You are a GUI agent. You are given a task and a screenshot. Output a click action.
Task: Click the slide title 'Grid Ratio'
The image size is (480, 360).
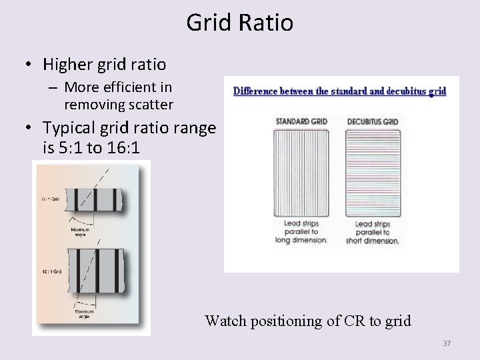(x=239, y=23)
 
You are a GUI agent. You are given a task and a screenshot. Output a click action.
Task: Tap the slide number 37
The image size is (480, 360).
(x=447, y=343)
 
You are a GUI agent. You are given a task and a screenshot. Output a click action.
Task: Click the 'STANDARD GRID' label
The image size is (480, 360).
(x=301, y=121)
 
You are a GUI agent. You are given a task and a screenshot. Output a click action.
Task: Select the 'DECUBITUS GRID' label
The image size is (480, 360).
(x=373, y=121)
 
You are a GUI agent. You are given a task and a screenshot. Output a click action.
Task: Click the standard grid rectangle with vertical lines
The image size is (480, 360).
(x=301, y=171)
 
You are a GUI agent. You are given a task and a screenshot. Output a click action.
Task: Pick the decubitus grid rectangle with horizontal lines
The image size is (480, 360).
(x=373, y=171)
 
